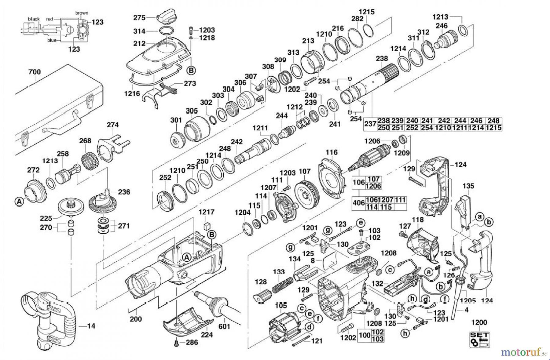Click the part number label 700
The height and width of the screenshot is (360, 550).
point(34,72)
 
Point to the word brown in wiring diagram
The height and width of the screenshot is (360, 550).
point(82,13)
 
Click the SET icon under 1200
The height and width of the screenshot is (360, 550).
point(479,340)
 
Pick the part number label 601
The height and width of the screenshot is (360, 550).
point(224,326)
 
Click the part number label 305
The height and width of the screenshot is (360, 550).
point(192,111)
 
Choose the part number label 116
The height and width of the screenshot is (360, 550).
point(332,152)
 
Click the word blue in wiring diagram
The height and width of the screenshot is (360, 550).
point(52,41)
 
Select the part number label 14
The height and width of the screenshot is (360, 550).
point(91,326)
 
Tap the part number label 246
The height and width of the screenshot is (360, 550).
point(442,26)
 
